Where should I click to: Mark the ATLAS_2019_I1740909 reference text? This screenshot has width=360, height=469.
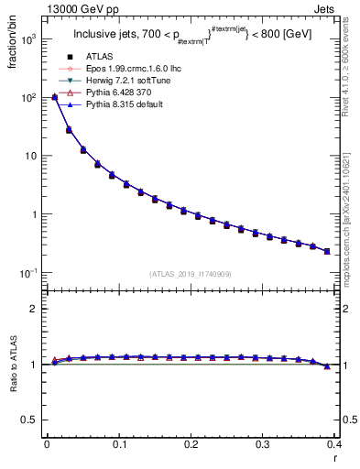(x=189, y=274)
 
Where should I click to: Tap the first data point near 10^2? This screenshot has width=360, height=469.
(x=54, y=97)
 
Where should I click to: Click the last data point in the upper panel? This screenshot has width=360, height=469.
(x=327, y=251)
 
